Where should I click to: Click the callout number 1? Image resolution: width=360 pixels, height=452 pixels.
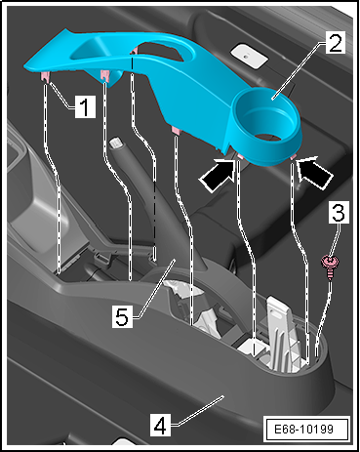(85, 106)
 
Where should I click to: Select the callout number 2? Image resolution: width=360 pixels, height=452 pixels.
(335, 44)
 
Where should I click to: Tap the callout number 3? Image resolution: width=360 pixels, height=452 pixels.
(339, 212)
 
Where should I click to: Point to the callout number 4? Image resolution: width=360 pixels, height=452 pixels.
(160, 426)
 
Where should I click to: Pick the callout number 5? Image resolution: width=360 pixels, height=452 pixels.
(122, 317)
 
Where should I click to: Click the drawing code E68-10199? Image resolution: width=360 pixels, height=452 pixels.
(303, 429)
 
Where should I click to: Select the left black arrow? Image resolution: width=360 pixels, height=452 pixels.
(219, 175)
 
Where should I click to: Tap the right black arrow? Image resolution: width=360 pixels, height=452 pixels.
(315, 173)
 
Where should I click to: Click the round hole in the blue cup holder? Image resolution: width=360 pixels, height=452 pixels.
(267, 138)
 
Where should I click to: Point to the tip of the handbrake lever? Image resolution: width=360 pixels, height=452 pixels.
(115, 143)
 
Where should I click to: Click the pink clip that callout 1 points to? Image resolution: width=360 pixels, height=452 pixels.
(45, 77)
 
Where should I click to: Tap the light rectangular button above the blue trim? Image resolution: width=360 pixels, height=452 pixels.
(250, 55)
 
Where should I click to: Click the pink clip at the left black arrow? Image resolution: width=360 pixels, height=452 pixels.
(241, 156)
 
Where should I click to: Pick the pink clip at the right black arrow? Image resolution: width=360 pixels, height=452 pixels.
(294, 157)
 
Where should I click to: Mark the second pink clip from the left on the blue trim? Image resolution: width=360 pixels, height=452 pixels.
(104, 75)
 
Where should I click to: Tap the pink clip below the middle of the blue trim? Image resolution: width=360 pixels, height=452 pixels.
(176, 131)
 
